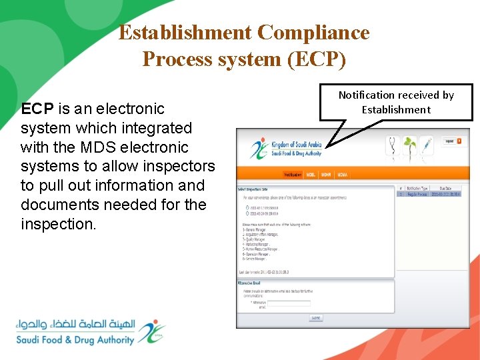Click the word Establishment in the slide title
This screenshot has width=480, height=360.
coord(185,33)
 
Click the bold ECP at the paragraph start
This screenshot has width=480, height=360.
coord(35,109)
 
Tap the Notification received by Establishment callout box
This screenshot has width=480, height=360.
coord(396,103)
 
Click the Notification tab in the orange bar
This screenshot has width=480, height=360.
coord(293,175)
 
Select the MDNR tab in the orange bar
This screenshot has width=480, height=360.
coord(326,175)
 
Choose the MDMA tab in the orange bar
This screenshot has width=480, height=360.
coord(342,175)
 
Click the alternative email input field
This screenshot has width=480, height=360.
coord(289,303)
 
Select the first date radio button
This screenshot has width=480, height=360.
coord(247,207)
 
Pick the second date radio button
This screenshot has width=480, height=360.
coord(247,214)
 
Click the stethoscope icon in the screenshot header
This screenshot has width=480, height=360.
coord(392,144)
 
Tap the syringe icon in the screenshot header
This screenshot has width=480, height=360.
coord(427,144)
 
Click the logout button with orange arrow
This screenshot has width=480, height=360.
coord(453,141)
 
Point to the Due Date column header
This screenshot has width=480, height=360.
coord(447,188)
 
